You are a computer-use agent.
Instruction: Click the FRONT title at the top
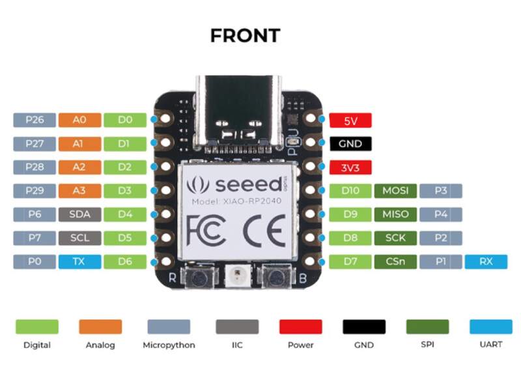tap(245, 35)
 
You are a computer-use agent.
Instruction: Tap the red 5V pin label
tap(350, 120)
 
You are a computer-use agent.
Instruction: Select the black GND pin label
tap(350, 143)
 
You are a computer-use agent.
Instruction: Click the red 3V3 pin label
tap(350, 167)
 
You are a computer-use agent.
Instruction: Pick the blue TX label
tap(79, 262)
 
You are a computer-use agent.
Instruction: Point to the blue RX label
tap(486, 262)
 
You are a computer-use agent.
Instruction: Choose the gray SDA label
tap(79, 214)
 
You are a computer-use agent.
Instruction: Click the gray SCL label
tap(79, 238)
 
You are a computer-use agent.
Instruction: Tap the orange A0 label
tap(79, 120)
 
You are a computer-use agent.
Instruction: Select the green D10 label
tap(350, 191)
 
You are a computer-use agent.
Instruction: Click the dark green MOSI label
tap(395, 191)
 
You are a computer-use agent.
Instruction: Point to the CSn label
tap(395, 262)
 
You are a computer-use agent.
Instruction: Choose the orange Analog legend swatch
tap(100, 326)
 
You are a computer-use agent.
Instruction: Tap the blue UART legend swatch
tap(490, 326)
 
